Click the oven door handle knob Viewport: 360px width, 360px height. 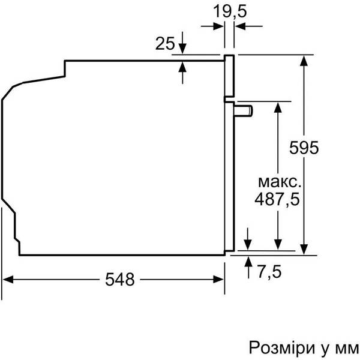click(x=245, y=109)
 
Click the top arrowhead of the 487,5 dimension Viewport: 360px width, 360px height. click(x=278, y=106)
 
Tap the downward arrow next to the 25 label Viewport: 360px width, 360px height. click(x=182, y=50)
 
